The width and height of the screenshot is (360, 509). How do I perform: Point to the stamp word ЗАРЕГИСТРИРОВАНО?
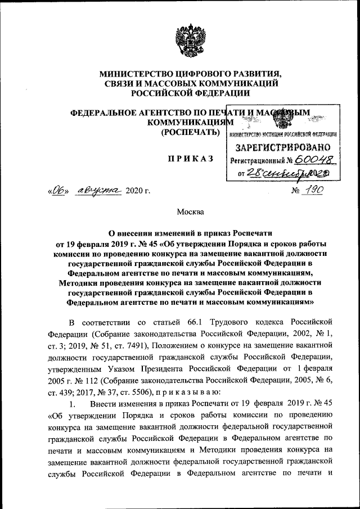point(282,148)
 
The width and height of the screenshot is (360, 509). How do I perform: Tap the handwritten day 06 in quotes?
point(57,191)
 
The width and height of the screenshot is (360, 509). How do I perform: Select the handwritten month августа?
point(99,191)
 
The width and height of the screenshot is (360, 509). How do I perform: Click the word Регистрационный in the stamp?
point(259,160)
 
